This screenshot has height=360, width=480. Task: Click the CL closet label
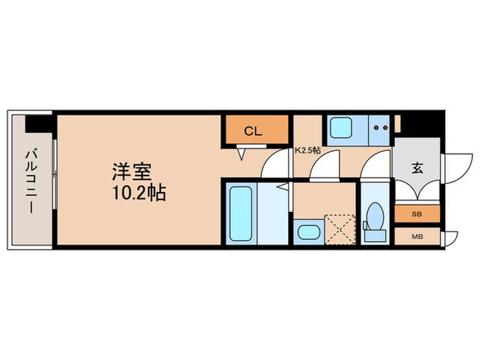[x=253, y=132]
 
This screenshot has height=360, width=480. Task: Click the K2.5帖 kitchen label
[x=308, y=150]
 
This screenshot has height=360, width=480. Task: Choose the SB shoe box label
[x=416, y=214]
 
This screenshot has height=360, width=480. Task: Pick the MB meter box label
[x=416, y=238]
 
